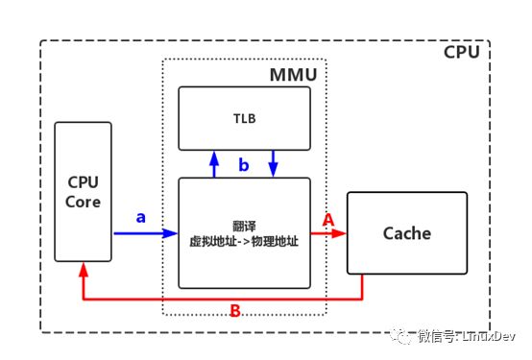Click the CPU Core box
point(83,192)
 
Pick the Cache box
point(406,233)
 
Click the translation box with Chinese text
point(245,232)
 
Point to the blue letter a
point(141,217)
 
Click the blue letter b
point(244,166)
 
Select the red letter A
point(327,219)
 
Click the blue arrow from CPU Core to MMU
point(144,233)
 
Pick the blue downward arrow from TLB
point(274,164)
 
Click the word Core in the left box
point(83,202)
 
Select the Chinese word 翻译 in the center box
point(244,225)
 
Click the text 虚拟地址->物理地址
point(244,241)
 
